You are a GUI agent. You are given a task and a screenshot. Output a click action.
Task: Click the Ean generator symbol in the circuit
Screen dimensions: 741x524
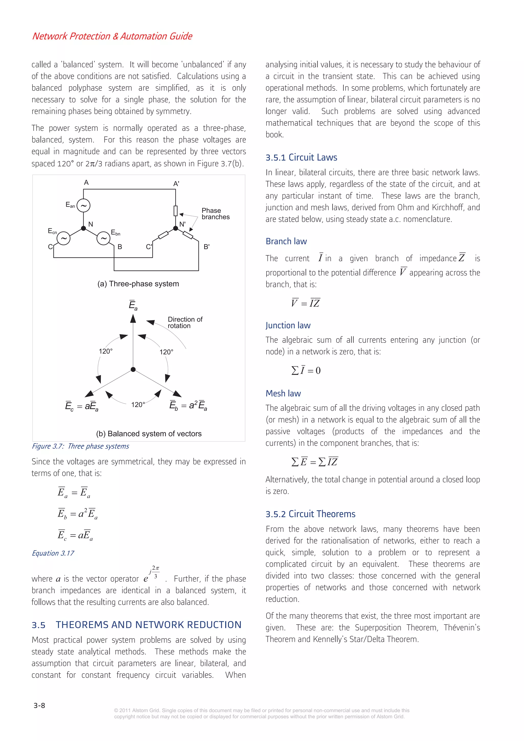pos(83,206)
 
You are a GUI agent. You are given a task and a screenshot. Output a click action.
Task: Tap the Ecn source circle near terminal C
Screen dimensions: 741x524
pos(64,238)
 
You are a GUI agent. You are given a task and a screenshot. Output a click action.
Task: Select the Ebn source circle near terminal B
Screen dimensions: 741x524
pos(103,238)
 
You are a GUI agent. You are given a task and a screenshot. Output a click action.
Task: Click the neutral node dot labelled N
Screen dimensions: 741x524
pos(83,228)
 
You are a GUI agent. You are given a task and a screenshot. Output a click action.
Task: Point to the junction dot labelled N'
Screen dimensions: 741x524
pos(176,228)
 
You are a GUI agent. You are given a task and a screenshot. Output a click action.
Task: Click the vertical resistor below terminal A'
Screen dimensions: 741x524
pos(176,211)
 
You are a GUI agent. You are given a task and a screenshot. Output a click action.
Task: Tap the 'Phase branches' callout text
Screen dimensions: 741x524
pos(215,214)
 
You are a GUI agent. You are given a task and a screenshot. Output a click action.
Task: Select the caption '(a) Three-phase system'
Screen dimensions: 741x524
pos(138,284)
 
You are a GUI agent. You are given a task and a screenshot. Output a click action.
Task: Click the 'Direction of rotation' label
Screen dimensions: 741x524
pos(185,322)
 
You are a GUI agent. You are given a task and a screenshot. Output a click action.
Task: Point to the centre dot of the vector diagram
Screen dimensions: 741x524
pos(133,370)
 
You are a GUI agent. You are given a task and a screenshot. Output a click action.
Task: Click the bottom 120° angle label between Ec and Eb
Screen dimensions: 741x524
pos(138,404)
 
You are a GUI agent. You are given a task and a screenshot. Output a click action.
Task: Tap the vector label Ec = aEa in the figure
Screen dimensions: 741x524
pos(82,406)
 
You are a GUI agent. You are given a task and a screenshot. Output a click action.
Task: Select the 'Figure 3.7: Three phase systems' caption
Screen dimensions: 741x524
pos(80,446)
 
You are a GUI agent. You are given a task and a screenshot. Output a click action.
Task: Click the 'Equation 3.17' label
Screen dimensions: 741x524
pos(53,553)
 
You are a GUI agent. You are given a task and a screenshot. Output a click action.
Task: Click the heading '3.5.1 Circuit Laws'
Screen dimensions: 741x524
pos(301,158)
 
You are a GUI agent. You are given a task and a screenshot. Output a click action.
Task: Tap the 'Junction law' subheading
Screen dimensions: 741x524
pos(288,325)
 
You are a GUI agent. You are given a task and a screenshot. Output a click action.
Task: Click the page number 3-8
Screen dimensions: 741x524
pos(39,705)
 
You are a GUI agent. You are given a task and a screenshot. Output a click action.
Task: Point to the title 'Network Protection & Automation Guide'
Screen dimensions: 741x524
pos(112,36)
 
